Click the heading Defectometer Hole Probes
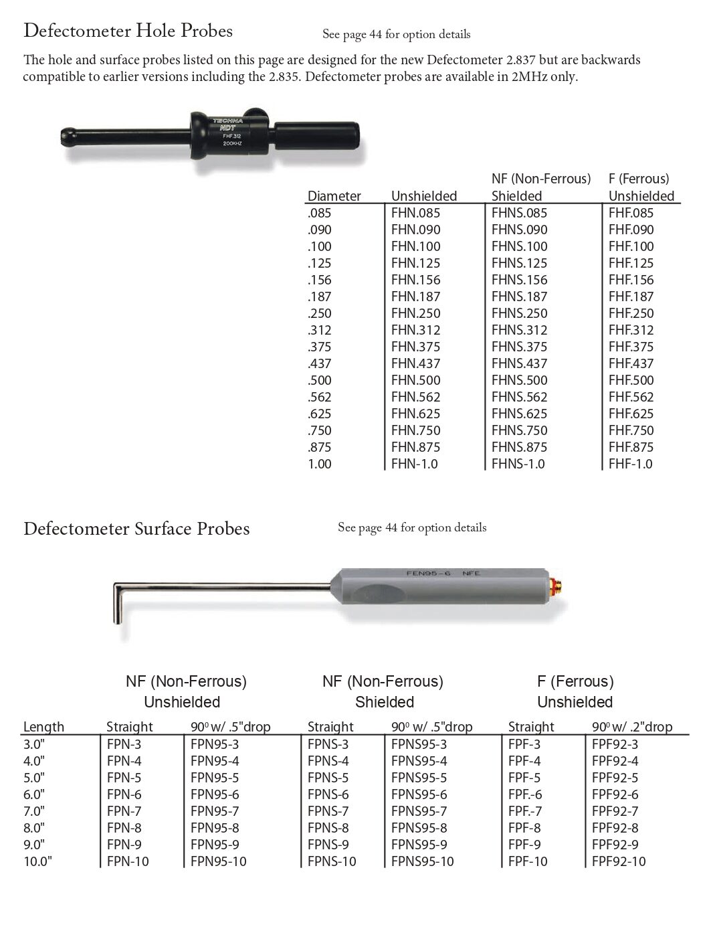tap(128, 31)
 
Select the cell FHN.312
tap(415, 330)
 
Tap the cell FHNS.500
tap(519, 380)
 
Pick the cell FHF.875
tap(631, 447)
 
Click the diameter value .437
tap(319, 363)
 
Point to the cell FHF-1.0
tap(630, 464)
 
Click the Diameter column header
tap(334, 196)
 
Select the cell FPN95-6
tap(214, 794)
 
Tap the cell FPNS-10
tap(332, 861)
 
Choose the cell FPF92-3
tap(615, 744)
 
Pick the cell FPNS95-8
tap(419, 828)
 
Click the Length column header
tap(43, 727)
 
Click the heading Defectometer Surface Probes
tap(136, 529)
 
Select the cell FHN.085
tap(415, 213)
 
